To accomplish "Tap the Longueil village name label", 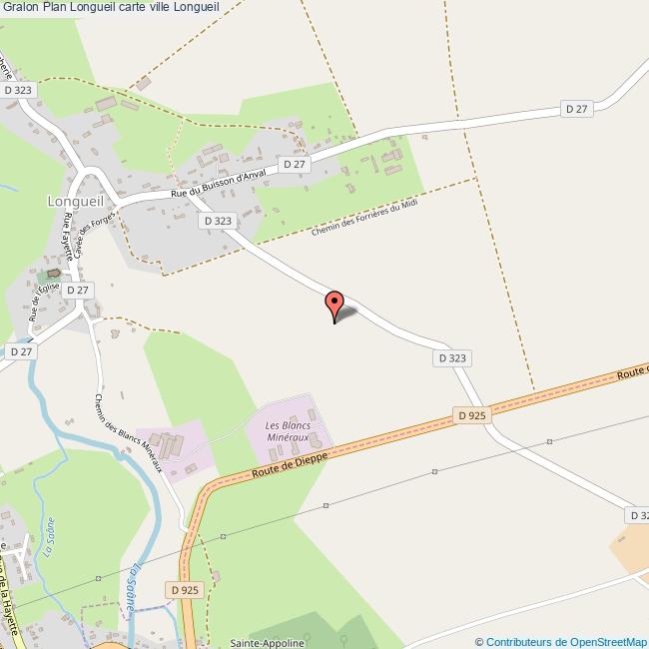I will [x=76, y=200].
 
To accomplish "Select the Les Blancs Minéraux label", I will [x=288, y=432].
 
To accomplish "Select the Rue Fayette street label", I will [x=89, y=240].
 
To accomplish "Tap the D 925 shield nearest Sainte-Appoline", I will [x=186, y=590].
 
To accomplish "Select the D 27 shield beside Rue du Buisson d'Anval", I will [x=294, y=164].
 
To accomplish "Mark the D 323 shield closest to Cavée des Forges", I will [x=217, y=221].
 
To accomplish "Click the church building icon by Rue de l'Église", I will [x=52, y=273].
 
